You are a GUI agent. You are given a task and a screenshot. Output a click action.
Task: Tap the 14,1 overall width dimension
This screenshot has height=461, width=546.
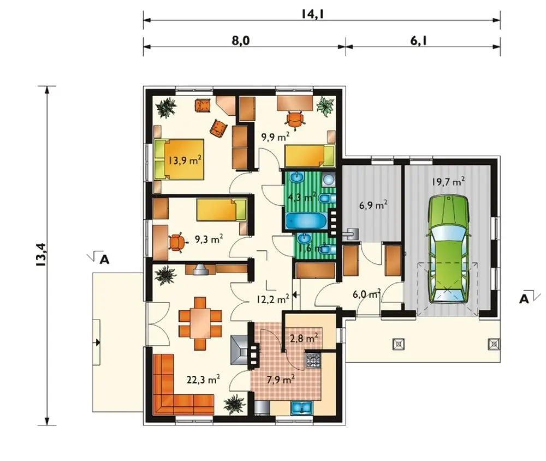point(313,14)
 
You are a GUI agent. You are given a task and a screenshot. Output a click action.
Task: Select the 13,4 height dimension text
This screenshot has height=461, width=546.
point(40,255)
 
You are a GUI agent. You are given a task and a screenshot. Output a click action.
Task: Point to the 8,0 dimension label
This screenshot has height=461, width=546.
point(241,41)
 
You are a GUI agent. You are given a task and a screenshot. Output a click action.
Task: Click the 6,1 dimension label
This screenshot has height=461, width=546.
point(419,41)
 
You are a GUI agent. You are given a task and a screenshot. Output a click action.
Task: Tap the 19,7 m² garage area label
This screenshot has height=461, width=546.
point(448,181)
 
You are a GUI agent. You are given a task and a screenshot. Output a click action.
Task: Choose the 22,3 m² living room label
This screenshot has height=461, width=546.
point(203,379)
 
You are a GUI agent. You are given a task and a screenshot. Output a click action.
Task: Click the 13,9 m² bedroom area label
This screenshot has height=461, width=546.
point(185,160)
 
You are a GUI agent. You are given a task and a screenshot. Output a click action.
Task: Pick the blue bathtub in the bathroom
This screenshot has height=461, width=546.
point(306,221)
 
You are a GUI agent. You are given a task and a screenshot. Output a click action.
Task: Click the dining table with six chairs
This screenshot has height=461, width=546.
point(200,323)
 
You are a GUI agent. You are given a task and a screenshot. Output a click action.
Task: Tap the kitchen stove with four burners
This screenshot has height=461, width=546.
point(313,360)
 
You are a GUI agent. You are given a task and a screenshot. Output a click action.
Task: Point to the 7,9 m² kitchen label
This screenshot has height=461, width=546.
point(281,379)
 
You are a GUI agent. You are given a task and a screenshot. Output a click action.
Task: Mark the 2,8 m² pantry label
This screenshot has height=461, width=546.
point(304,338)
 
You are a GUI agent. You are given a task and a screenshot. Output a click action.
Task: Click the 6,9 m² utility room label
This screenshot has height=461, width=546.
point(373,205)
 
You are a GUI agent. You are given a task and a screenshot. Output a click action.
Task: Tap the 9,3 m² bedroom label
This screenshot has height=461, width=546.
point(209,239)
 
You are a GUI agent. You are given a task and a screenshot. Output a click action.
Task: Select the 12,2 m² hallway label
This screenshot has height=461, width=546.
point(273,299)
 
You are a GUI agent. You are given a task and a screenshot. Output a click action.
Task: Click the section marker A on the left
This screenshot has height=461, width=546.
point(104,259)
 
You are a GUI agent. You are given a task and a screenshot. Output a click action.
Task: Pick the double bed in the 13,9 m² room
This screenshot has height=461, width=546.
point(179,159)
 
